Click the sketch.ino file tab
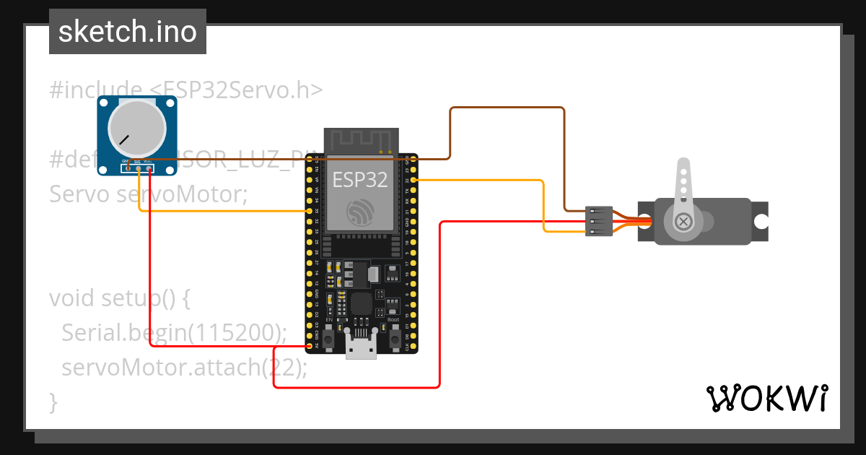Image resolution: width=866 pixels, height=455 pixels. [127, 32]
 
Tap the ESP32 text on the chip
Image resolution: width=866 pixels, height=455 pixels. [359, 179]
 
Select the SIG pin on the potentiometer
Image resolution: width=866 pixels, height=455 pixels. [137, 169]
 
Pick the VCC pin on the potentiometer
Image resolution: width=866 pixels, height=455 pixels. [149, 169]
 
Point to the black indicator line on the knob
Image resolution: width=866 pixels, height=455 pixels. [125, 139]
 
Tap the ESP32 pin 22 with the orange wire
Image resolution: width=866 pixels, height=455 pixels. [414, 180]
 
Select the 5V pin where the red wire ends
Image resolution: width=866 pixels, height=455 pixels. [309, 346]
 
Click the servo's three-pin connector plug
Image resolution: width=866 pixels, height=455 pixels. [599, 220]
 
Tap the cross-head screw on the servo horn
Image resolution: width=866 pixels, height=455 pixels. [682, 221]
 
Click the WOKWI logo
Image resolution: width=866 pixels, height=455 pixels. [766, 398]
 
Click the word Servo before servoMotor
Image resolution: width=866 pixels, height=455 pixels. [79, 194]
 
